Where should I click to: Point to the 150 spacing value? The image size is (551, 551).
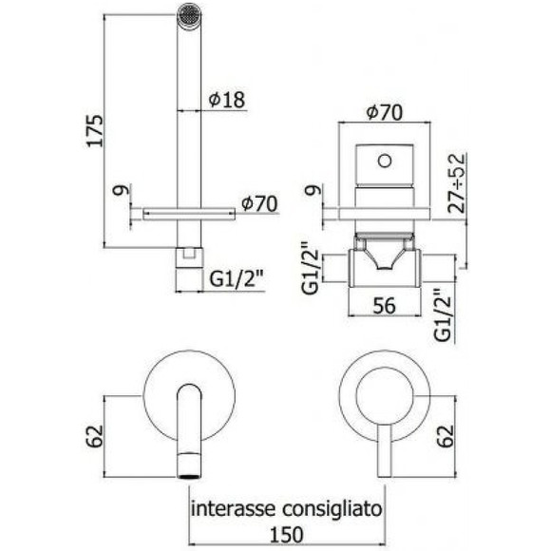286,536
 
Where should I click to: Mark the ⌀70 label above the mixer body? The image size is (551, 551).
384,112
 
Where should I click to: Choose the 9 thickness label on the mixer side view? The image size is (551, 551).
309,193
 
